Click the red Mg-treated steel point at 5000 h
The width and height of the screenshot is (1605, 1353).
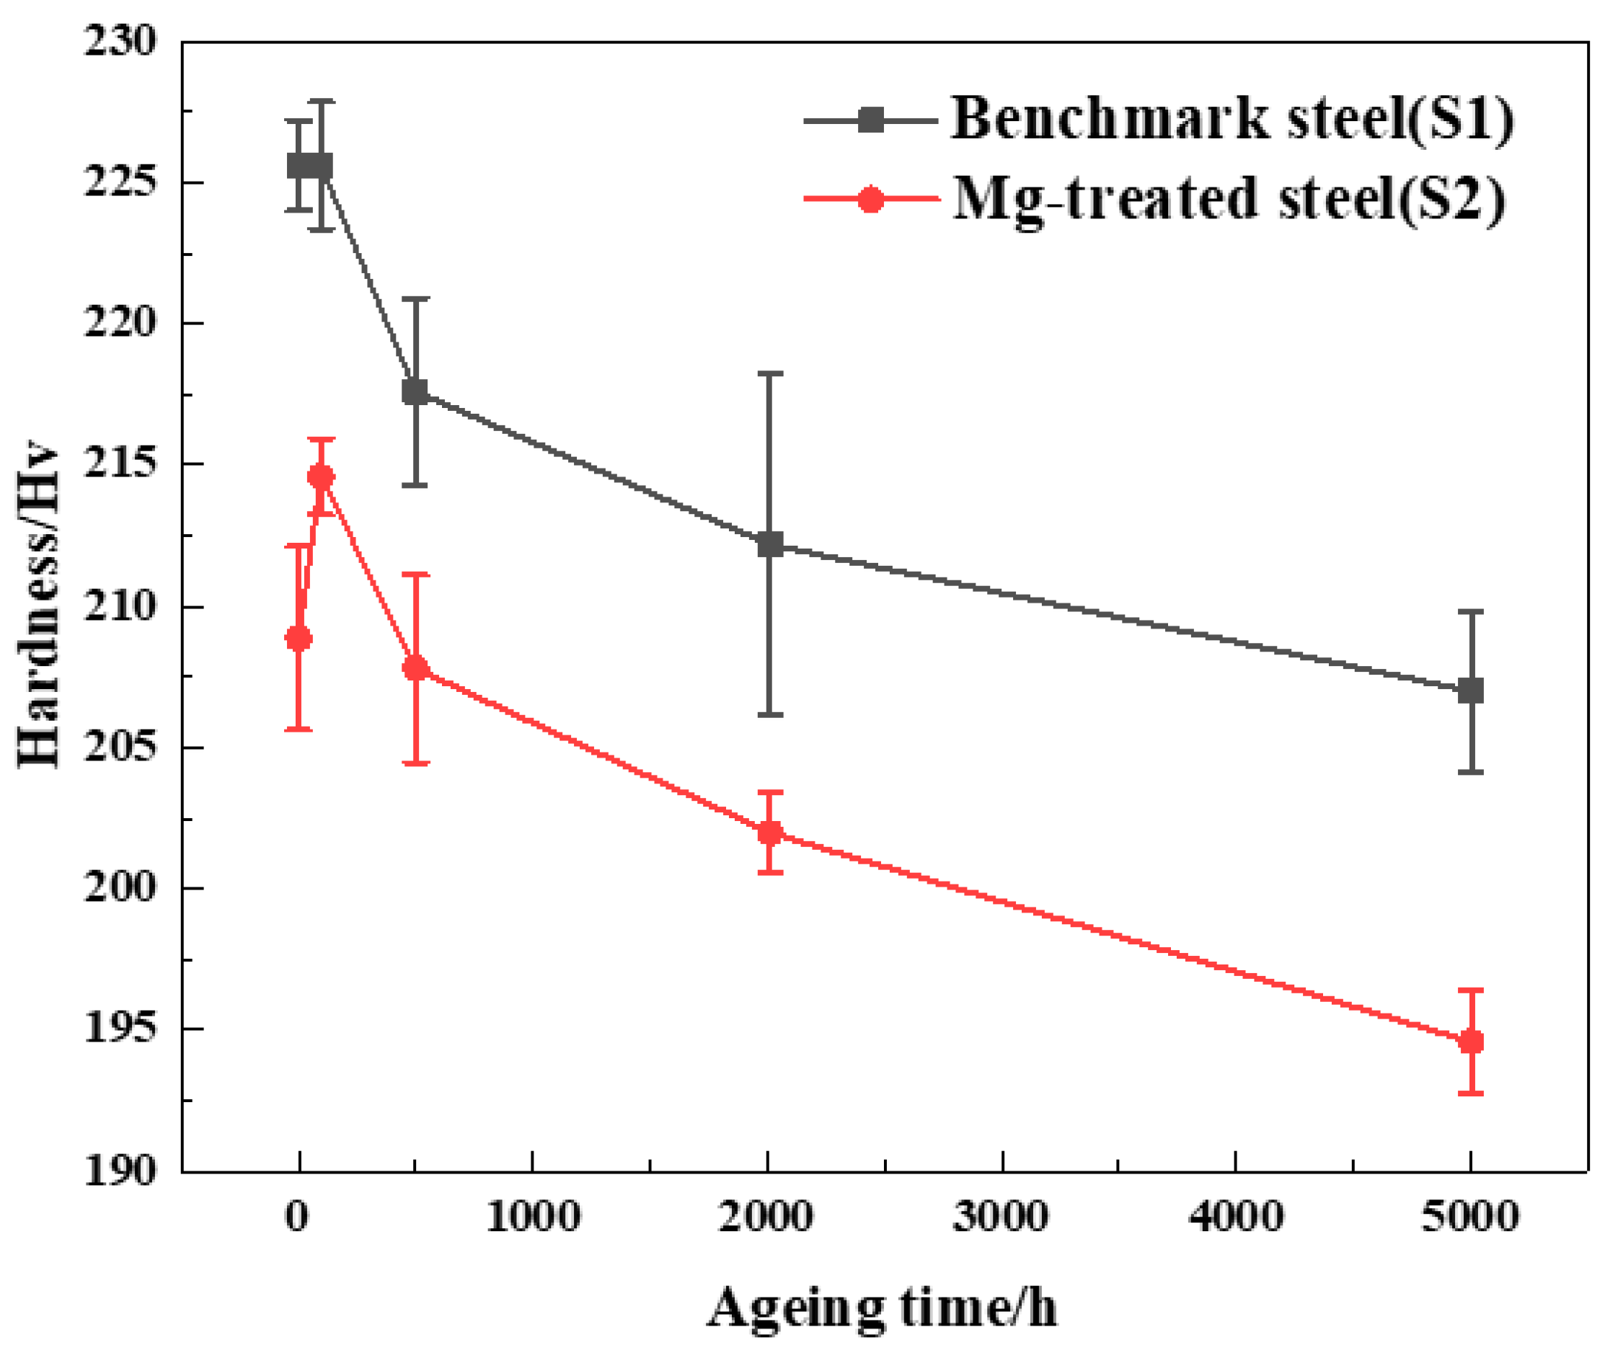1470,1042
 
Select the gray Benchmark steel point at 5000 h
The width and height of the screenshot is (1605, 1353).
1470,691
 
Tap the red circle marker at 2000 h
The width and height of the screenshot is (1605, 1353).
769,833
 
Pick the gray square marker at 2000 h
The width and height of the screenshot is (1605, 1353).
769,544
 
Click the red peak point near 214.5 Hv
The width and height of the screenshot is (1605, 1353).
321,477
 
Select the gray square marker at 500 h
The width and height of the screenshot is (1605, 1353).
415,392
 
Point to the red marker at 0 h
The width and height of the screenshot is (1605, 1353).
299,638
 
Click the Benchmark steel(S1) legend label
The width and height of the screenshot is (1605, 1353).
1232,119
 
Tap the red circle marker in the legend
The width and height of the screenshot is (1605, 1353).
870,200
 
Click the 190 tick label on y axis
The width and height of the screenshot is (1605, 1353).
119,1172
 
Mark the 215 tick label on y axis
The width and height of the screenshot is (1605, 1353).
119,465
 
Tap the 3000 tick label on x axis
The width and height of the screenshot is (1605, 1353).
1001,1217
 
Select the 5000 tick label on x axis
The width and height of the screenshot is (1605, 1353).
1469,1217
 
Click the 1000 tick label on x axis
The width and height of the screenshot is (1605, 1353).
532,1217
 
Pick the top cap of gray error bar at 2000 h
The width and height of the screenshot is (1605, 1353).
769,373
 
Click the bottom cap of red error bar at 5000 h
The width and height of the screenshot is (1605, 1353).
1470,1093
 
